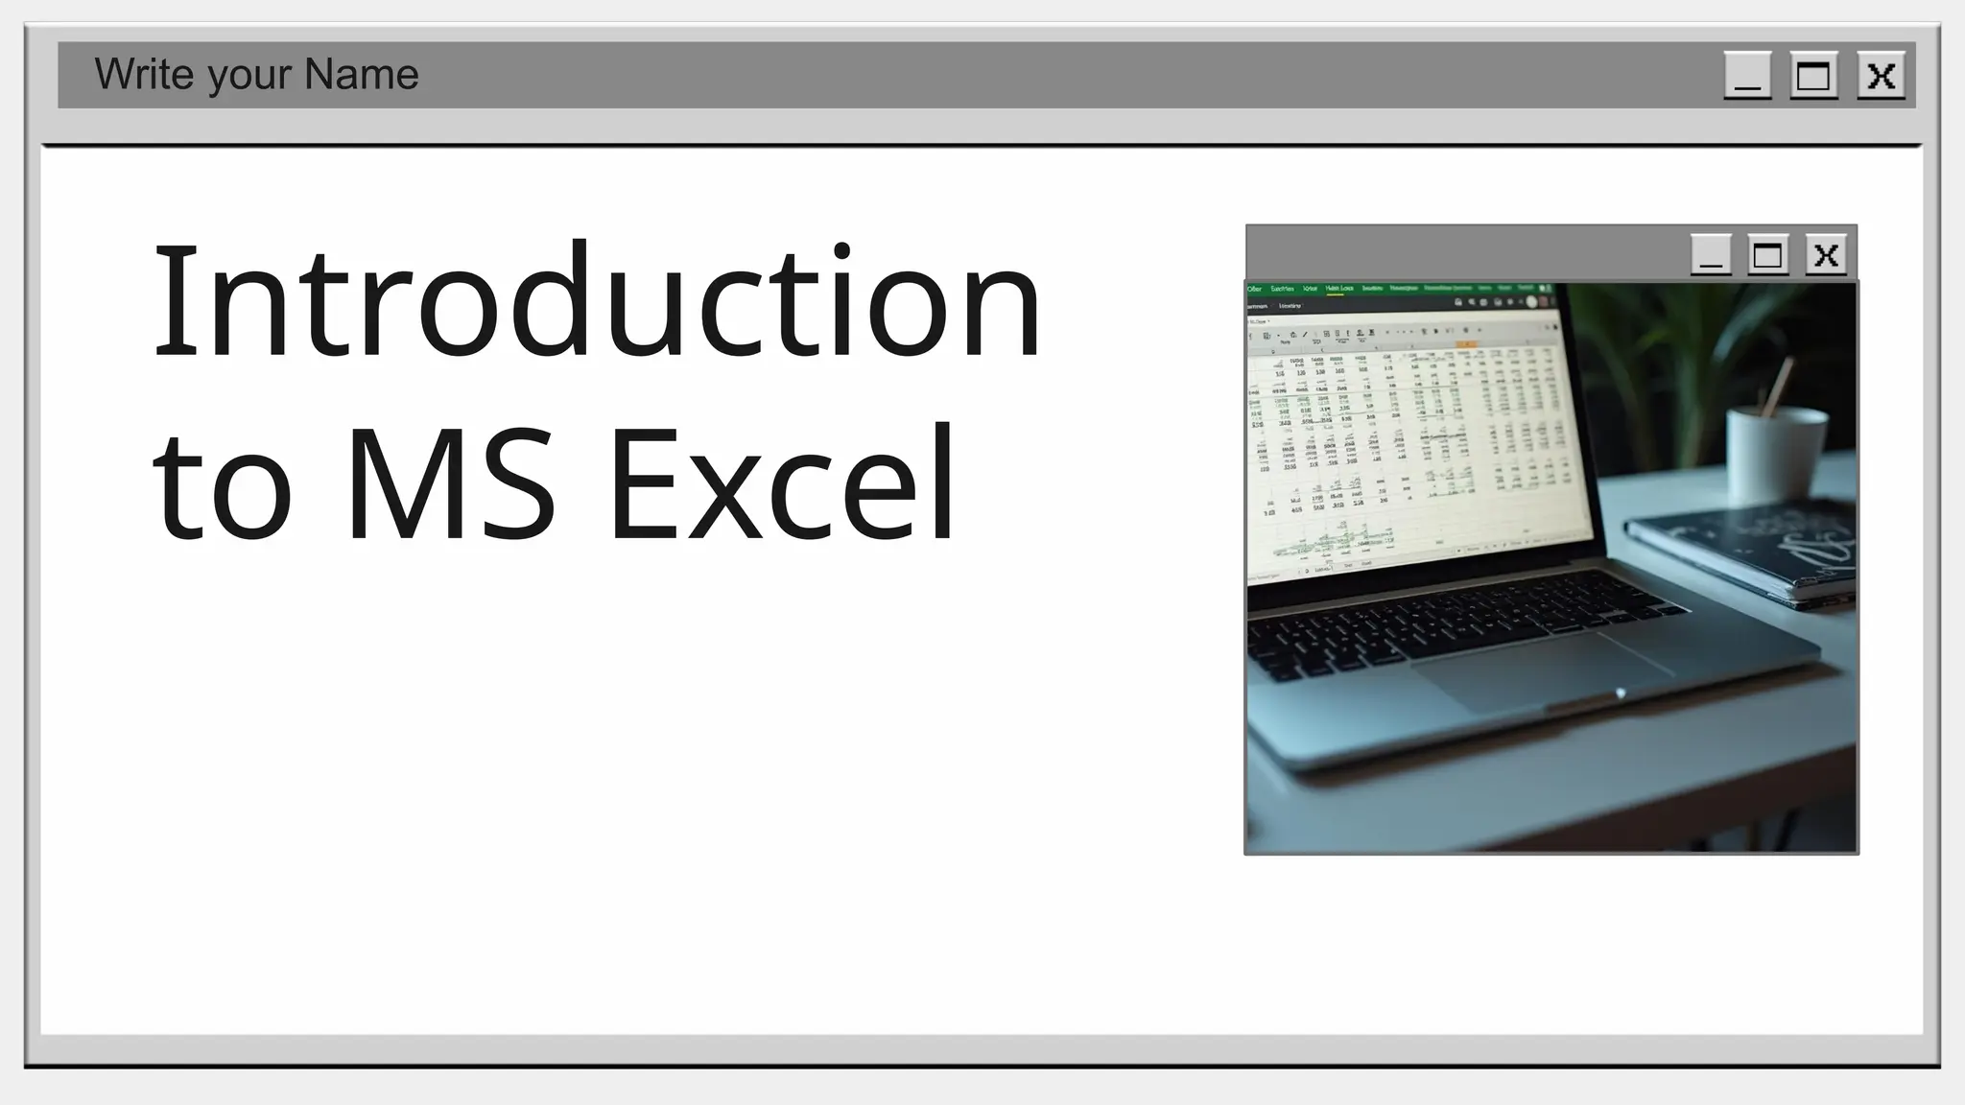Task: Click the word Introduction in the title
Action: click(x=597, y=301)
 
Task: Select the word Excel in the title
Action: click(x=782, y=483)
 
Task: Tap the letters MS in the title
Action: click(x=450, y=483)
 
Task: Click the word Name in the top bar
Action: click(x=362, y=75)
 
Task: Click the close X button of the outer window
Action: click(x=1881, y=76)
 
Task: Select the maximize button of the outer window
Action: click(x=1813, y=76)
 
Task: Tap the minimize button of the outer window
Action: click(x=1747, y=76)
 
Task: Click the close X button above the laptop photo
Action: click(x=1826, y=255)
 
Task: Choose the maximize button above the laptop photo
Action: click(x=1767, y=255)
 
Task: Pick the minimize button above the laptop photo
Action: click(x=1710, y=255)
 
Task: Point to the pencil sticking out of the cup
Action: click(x=1778, y=384)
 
